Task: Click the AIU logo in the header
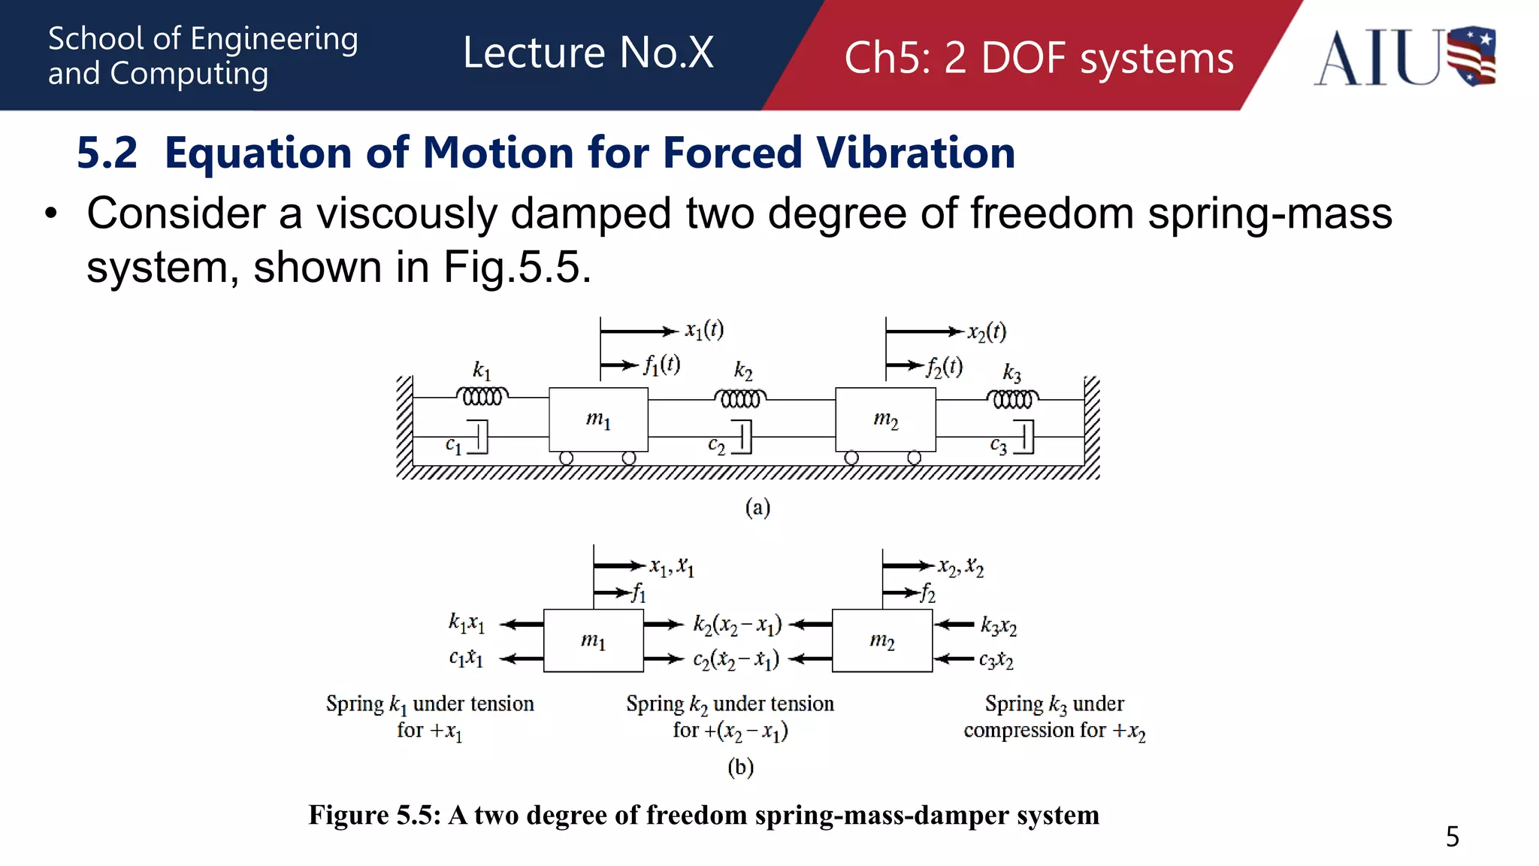1404,57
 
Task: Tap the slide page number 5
1452,837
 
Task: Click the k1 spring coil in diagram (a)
482,396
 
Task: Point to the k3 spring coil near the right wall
1012,398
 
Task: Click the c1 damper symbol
479,437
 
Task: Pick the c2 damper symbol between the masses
742,437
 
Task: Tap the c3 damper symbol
1024,437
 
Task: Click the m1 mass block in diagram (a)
598,419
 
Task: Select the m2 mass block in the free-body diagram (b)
882,640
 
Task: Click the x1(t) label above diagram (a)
704,330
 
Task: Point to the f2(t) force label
944,367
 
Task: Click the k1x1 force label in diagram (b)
467,623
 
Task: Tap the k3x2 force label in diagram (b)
998,625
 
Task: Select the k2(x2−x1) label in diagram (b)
737,625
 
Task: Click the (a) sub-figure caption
757,507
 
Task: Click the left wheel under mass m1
567,458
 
